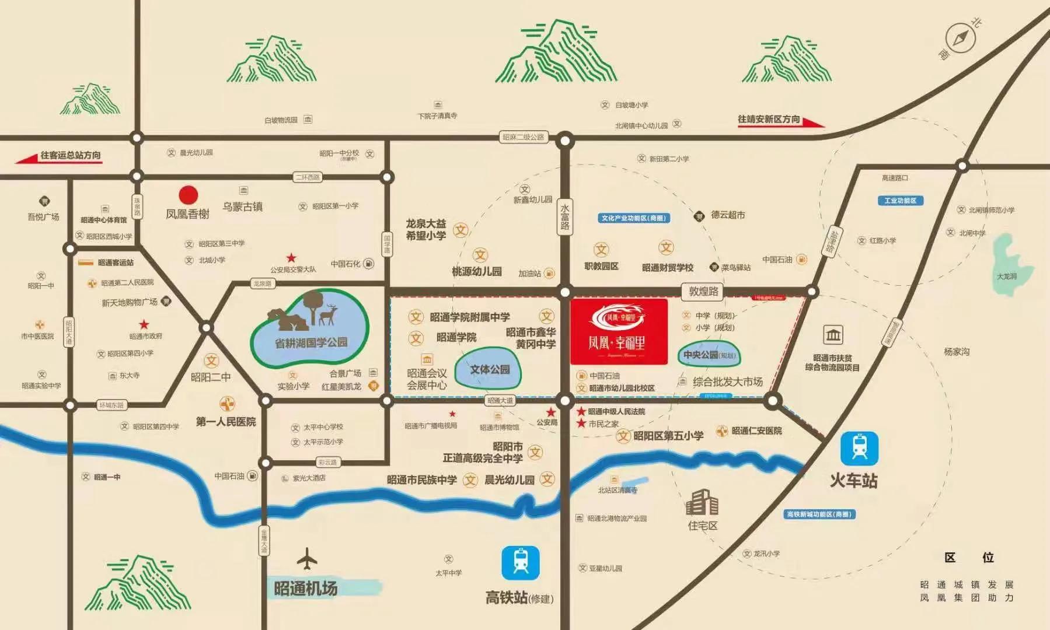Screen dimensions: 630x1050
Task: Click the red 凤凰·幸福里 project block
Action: coord(619,331)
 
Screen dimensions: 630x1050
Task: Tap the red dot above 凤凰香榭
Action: coord(188,195)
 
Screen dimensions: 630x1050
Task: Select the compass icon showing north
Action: coord(961,38)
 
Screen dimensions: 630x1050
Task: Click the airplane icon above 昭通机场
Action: coord(306,559)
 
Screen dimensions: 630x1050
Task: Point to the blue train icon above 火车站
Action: coord(859,448)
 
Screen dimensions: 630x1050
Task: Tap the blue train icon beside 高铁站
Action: coord(521,563)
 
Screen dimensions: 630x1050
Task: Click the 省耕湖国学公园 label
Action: coord(311,342)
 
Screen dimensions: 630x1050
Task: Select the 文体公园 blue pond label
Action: coord(490,369)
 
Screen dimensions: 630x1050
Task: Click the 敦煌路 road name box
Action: coord(703,291)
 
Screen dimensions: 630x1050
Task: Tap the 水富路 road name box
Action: coord(564,216)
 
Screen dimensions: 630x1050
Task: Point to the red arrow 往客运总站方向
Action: coord(58,156)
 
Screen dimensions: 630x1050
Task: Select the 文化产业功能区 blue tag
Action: coord(633,218)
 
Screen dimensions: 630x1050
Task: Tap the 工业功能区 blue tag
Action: coord(900,201)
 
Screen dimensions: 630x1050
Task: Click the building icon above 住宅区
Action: coord(702,502)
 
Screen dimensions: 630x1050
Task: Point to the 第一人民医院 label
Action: coord(226,421)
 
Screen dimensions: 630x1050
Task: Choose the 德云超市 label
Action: coord(727,215)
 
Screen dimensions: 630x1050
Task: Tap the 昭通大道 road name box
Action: coord(501,401)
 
